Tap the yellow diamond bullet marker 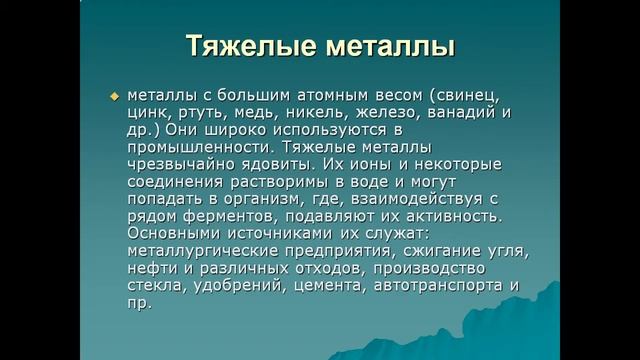click(114, 96)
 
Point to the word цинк click(149, 112)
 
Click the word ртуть click(207, 112)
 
